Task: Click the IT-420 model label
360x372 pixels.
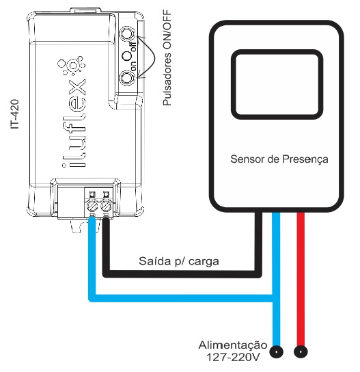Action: [15, 114]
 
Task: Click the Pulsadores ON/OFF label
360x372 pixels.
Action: [167, 57]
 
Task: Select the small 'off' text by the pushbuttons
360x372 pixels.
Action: [133, 46]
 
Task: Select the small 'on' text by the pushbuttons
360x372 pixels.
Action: [133, 66]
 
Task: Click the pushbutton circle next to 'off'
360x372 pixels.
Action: [127, 34]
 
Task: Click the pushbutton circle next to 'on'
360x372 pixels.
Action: [127, 78]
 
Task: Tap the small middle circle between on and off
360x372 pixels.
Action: [127, 56]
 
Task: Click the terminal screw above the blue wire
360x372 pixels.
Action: [92, 206]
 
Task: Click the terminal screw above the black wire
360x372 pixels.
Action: [106, 206]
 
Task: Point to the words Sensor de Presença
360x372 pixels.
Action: [279, 159]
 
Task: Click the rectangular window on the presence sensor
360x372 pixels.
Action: [277, 85]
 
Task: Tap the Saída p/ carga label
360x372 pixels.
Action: [179, 261]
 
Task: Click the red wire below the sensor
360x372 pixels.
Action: [301, 279]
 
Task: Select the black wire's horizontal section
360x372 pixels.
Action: [182, 274]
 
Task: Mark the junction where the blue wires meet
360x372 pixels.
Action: [276, 298]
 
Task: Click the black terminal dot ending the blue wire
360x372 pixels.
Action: [276, 351]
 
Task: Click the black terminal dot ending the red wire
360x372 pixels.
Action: [301, 351]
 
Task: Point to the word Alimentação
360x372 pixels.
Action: [233, 345]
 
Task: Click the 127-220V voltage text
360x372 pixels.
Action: [233, 357]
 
